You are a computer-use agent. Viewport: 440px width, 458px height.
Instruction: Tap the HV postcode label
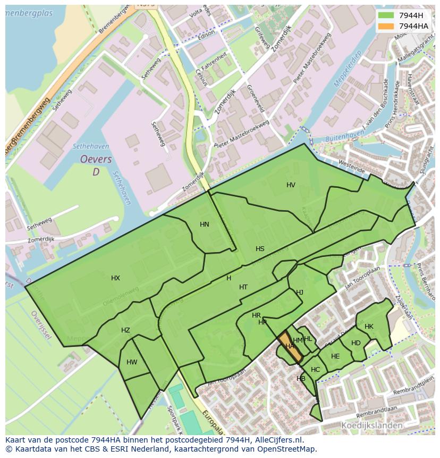291,185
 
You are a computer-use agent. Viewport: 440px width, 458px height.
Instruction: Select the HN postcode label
205,224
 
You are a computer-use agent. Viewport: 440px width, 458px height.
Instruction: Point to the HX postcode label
115,278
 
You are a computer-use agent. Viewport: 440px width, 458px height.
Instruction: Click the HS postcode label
260,249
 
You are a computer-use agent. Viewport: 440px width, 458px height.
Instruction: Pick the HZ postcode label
125,330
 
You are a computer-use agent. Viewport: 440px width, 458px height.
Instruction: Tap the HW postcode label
132,362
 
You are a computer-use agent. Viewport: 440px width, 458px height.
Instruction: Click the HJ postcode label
300,293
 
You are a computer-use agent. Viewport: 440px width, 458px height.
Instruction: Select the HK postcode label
369,327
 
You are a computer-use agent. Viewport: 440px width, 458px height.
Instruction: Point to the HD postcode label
356,343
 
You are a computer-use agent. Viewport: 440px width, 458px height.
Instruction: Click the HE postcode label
335,356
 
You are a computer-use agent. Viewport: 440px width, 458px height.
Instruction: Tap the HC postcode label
316,370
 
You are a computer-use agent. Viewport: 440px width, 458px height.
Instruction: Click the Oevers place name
96,159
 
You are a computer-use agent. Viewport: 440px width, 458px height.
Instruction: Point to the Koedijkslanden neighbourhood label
371,426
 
